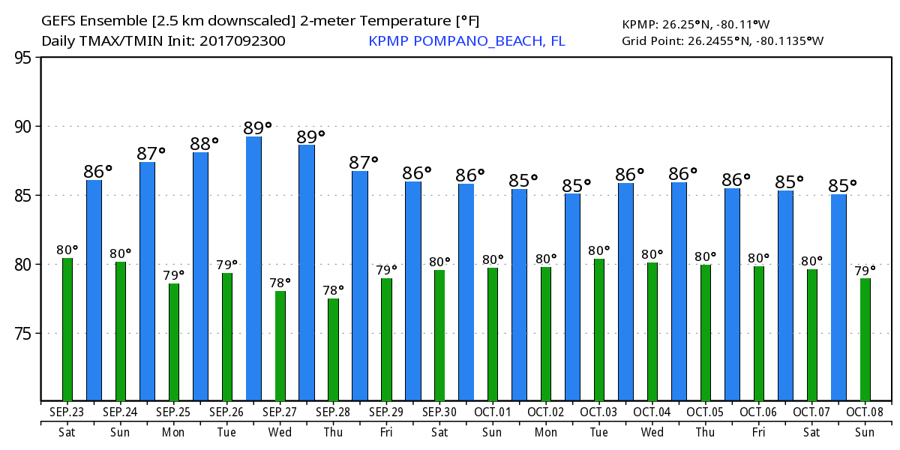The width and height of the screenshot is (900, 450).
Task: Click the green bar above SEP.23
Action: point(67,330)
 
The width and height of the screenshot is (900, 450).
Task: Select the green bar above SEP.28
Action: point(333,349)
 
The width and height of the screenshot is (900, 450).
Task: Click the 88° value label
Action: point(204,142)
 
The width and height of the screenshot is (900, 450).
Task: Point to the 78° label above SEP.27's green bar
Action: point(280,283)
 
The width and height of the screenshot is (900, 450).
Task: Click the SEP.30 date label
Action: point(439,412)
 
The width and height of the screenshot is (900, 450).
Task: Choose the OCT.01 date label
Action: point(493,412)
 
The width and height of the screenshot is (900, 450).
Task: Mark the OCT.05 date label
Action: point(706,412)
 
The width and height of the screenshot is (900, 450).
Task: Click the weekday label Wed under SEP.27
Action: point(280,432)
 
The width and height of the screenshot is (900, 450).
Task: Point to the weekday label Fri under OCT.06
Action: point(759,432)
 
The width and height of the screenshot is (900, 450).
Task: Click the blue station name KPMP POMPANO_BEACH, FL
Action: point(466,41)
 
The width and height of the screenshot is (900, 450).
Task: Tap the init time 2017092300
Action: point(242,41)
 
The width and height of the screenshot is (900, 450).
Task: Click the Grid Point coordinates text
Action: point(722,40)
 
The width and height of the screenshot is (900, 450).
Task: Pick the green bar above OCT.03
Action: point(598,330)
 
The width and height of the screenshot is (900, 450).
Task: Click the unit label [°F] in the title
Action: point(466,21)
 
